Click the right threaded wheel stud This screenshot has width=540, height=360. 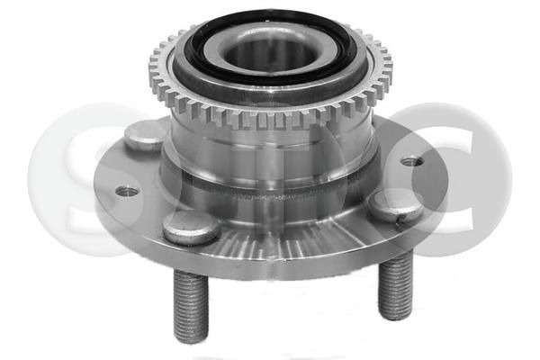tap(394, 286)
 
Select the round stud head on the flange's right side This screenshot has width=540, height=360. tap(396, 205)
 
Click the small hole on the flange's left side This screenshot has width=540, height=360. tap(128, 191)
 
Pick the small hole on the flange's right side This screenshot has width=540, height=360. tap(410, 162)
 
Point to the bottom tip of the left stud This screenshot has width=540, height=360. tap(193, 338)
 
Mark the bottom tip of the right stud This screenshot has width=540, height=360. tap(395, 316)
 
